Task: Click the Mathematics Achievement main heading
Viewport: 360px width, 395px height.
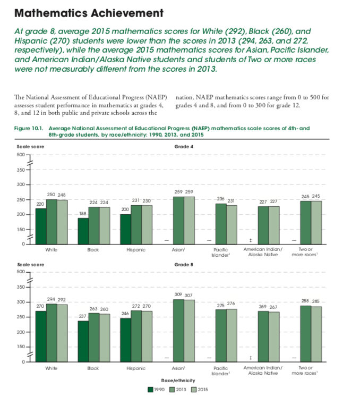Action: (x=89, y=13)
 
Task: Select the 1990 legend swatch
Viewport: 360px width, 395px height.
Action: (x=150, y=390)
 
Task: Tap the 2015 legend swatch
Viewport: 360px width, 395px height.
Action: (x=194, y=390)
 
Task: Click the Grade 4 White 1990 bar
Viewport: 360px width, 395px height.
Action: (x=41, y=226)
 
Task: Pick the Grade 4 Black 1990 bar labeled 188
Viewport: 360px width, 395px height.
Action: (x=83, y=231)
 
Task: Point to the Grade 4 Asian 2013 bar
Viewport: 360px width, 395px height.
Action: (x=178, y=221)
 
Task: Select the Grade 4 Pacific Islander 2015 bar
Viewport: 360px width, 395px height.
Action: (x=232, y=225)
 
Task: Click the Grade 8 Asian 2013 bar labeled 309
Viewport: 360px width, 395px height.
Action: (x=178, y=331)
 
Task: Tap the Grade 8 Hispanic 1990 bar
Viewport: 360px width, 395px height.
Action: (x=125, y=340)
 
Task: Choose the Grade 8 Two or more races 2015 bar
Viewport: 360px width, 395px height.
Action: (x=316, y=334)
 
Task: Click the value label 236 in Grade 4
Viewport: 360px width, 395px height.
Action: (x=221, y=199)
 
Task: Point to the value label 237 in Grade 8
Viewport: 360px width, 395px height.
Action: (x=82, y=316)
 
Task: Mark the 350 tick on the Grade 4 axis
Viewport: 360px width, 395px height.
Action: (x=21, y=170)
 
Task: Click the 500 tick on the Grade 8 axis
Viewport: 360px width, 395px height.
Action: (x=21, y=272)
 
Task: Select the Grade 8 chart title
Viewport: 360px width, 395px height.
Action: (x=184, y=265)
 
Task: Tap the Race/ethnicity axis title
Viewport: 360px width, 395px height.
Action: (x=178, y=381)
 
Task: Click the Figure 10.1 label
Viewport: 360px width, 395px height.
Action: (x=29, y=128)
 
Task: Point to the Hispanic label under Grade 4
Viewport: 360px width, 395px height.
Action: (x=136, y=250)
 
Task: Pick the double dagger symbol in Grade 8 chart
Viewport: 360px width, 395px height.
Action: (x=251, y=358)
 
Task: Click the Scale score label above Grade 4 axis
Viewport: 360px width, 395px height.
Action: (x=30, y=147)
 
